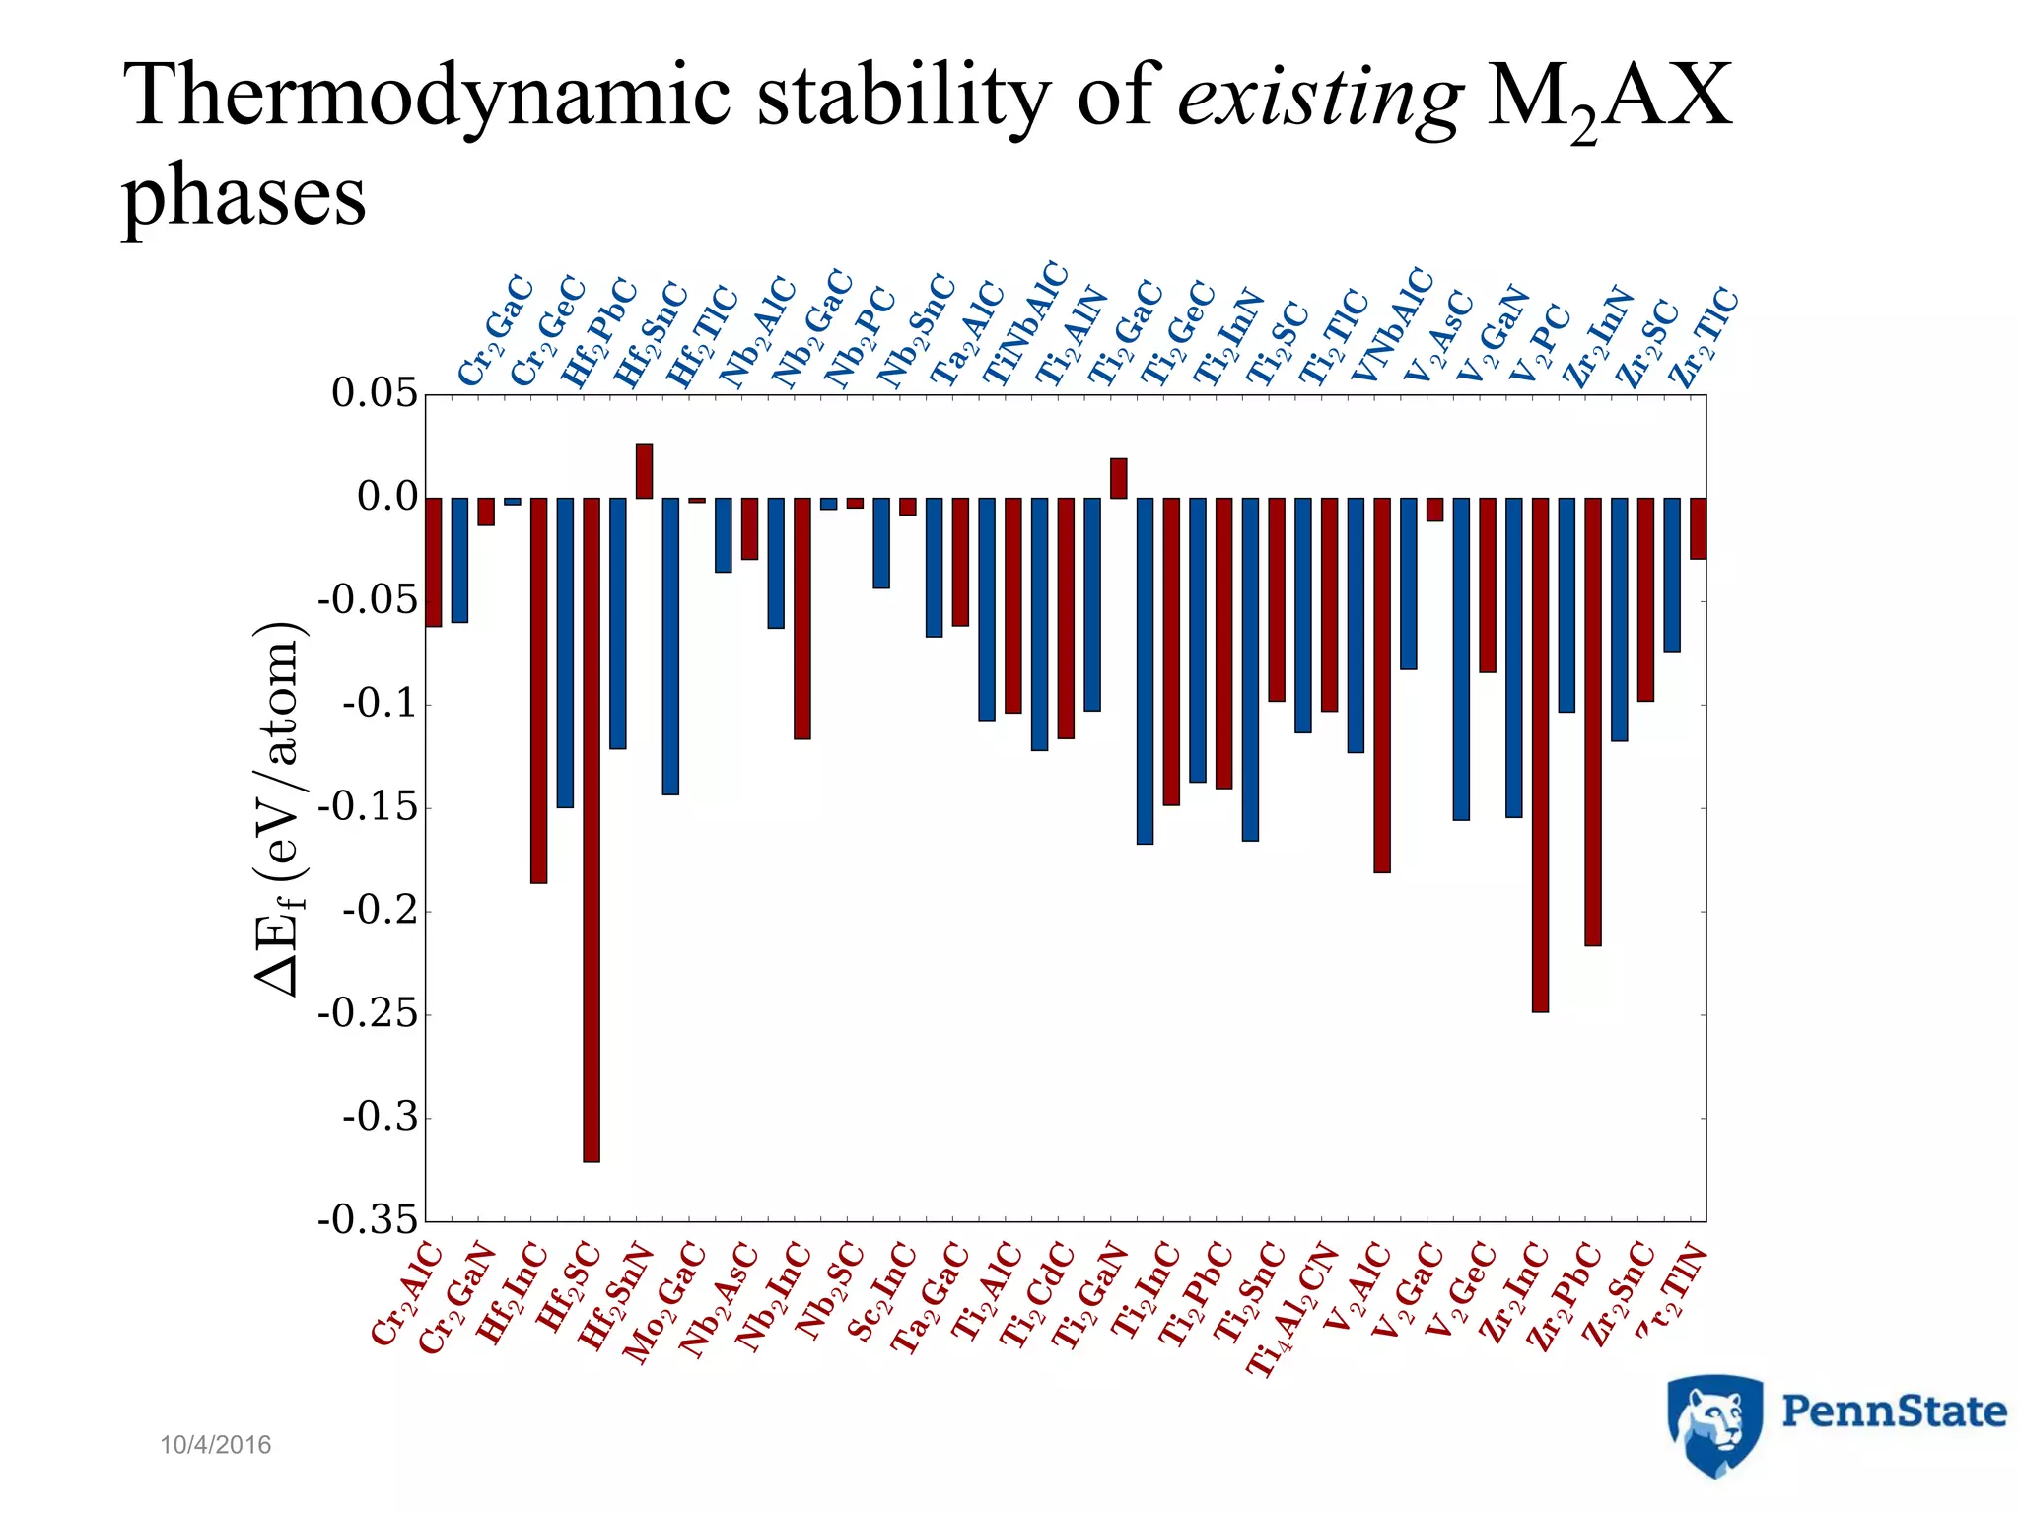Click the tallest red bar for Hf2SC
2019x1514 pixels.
592,828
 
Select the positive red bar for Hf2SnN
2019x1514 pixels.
644,471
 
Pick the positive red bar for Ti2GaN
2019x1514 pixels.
1118,479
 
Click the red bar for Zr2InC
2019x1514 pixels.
1540,754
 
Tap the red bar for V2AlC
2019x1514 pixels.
1382,685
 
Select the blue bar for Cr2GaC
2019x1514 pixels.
459,560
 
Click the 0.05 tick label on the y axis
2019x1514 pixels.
375,393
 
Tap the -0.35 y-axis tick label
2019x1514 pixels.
368,1220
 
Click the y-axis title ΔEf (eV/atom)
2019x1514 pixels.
279,808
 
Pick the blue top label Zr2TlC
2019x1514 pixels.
1703,336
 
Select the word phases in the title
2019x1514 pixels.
244,194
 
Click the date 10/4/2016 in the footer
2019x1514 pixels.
215,1445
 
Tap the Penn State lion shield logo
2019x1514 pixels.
1713,1423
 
